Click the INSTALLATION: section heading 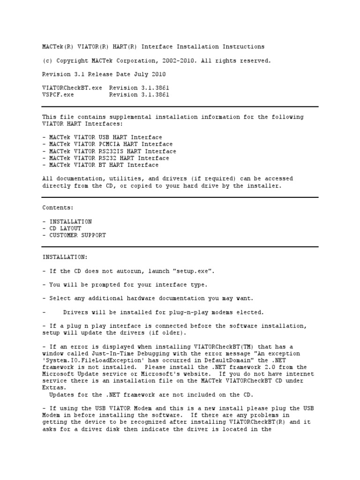coord(65,257)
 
